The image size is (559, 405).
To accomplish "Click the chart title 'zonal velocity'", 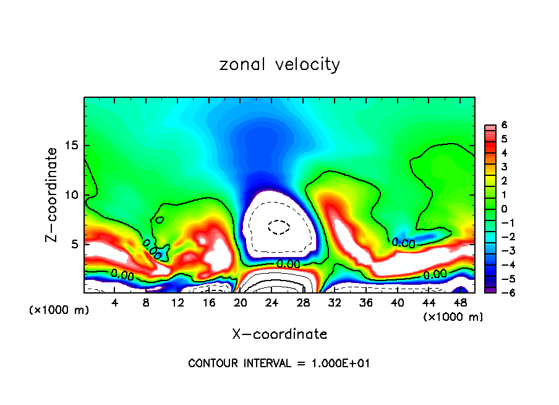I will tap(279, 64).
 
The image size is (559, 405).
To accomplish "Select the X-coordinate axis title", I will tap(279, 334).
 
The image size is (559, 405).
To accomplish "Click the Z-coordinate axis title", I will tap(52, 194).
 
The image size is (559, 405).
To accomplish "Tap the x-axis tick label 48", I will tap(459, 302).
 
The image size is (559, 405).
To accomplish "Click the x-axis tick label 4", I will tap(115, 302).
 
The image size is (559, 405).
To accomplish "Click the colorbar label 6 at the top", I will tap(504, 124).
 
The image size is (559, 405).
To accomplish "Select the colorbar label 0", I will tap(504, 209).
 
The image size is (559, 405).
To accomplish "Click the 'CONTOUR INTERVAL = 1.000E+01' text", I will tap(279, 364).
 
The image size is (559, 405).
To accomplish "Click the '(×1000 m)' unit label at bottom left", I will tap(59, 310).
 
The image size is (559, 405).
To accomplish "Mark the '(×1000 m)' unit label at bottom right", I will tap(453, 317).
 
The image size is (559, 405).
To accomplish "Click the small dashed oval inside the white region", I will tap(279, 227).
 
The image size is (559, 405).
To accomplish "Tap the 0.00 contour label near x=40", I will tap(403, 243).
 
